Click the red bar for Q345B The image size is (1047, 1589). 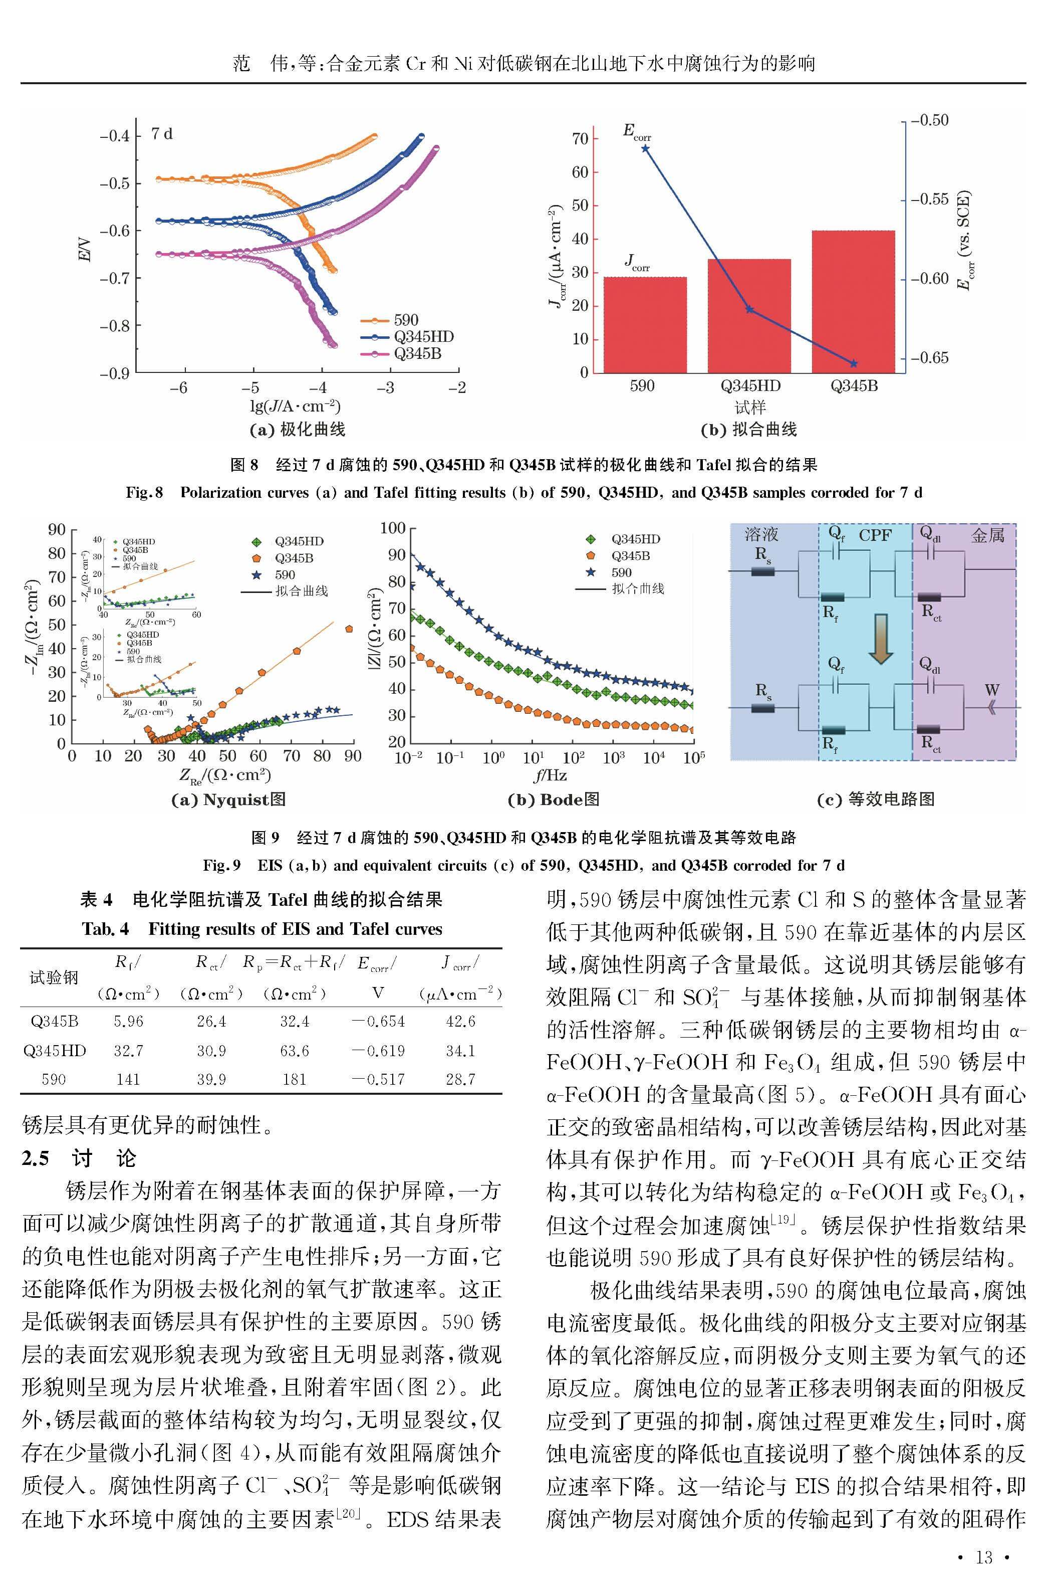click(x=853, y=301)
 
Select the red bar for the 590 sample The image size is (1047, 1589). click(x=645, y=325)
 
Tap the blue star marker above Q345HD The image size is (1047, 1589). click(x=749, y=309)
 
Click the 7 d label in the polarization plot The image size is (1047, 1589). click(x=162, y=133)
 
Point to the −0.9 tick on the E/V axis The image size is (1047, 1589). click(x=114, y=373)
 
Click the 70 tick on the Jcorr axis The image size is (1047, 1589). click(x=580, y=138)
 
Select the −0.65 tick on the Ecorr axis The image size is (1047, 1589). click(x=929, y=357)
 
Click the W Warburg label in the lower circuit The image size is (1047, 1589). click(x=991, y=690)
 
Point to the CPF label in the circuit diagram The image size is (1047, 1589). click(x=875, y=535)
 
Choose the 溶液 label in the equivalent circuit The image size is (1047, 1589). click(x=762, y=534)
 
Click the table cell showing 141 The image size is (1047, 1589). click(x=128, y=1079)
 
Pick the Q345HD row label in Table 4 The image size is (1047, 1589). click(x=54, y=1051)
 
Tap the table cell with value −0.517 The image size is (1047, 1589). click(x=378, y=1079)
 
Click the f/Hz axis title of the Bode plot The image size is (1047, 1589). click(x=550, y=775)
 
